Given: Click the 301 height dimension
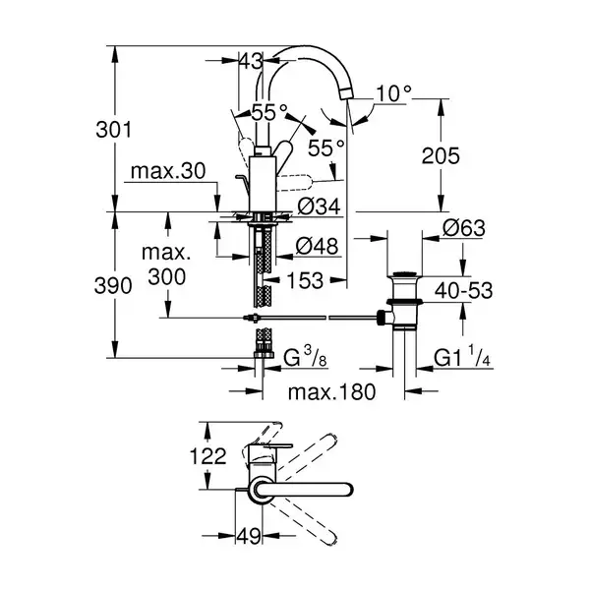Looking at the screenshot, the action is (114, 130).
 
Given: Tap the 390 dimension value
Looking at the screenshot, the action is (113, 285).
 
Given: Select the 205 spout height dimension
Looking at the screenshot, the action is (441, 155).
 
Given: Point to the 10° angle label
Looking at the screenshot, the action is (393, 93).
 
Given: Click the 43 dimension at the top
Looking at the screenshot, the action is (251, 61).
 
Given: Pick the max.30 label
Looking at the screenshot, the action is (168, 171).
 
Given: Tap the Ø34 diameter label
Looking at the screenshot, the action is (319, 206).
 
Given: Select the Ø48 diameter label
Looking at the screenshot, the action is (318, 247).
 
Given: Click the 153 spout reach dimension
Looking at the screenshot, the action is (305, 280).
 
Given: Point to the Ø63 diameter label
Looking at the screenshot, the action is (464, 228).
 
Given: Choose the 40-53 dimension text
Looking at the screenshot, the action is (463, 291).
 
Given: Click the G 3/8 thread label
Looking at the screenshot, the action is (305, 357).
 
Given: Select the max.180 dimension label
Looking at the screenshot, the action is (331, 392).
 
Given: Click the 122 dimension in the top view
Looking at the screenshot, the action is (208, 456).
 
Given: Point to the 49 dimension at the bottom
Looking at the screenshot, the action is (249, 536).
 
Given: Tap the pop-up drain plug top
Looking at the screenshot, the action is (404, 273).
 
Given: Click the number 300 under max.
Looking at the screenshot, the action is (167, 277).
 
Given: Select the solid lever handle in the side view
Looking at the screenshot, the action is (284, 151).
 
